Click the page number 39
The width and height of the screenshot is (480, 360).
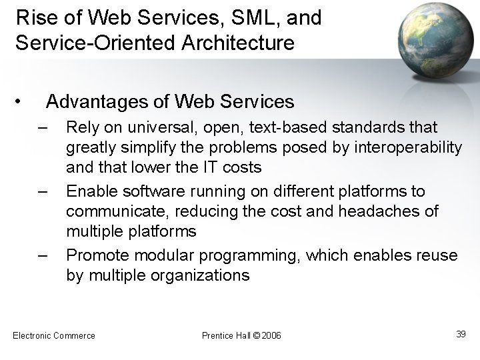(460, 334)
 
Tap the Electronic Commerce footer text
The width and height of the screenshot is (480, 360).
(54, 335)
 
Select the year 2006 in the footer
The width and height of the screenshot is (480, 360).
(271, 335)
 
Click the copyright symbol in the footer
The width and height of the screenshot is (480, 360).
(255, 335)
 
